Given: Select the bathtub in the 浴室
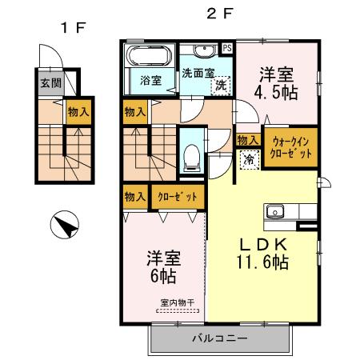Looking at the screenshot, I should point(148,58).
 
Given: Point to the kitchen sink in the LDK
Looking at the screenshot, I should point(274,212).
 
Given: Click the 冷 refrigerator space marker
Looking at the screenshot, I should point(249,158).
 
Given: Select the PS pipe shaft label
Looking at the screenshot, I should point(227,46).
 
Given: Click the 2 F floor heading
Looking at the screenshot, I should point(220,13).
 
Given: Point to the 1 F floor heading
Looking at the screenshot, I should point(72,28).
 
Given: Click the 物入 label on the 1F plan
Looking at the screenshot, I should point(78,113).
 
